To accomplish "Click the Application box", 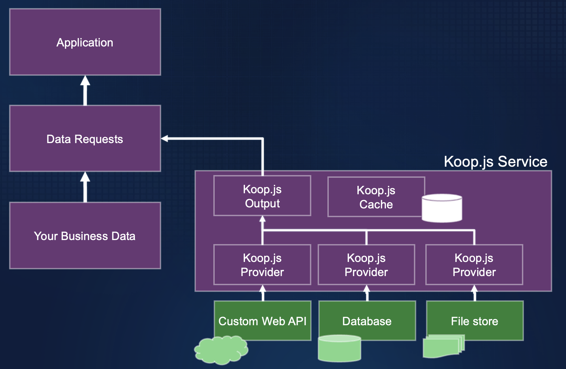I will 85,42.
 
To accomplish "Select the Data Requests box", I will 85,139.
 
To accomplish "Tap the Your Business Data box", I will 85,236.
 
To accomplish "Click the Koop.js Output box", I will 262,196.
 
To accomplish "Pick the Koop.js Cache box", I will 376,197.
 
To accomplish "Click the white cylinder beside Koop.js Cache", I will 442,208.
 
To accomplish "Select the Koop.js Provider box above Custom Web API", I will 262,265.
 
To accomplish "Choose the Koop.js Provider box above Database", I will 366,265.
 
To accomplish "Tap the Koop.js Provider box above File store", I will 474,265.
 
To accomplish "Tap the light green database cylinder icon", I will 339,349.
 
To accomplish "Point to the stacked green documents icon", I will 443,346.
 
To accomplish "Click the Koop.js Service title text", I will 495,162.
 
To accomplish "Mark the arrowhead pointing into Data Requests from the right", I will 165,139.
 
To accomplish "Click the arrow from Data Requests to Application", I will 85,90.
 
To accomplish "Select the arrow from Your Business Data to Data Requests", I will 85,187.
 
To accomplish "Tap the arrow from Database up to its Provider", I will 367,293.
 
